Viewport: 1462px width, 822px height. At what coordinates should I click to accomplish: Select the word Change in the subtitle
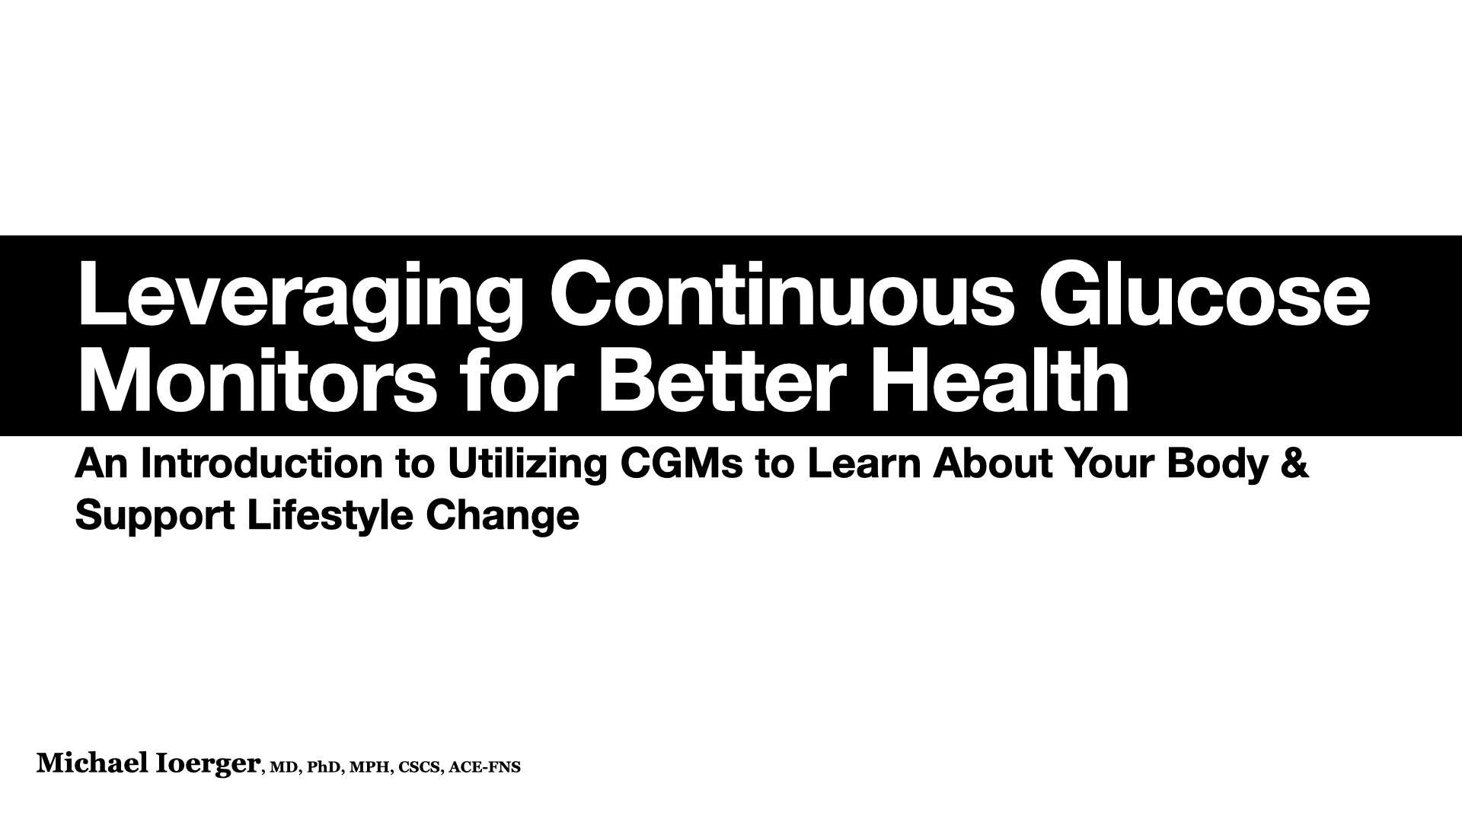pyautogui.click(x=503, y=517)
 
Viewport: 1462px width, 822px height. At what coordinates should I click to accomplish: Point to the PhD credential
pyautogui.click(x=324, y=767)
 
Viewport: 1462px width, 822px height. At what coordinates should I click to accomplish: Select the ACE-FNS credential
pyautogui.click(x=485, y=767)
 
